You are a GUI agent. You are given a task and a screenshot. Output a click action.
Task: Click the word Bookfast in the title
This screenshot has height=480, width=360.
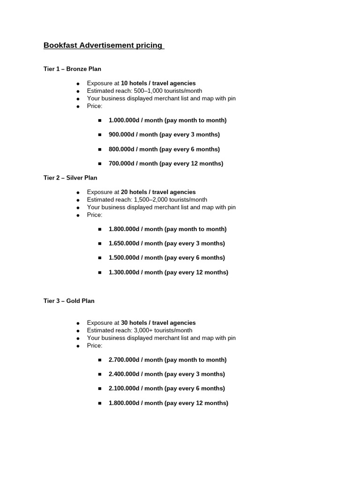point(60,45)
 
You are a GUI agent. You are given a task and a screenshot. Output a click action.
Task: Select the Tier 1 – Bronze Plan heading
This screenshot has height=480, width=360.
point(72,69)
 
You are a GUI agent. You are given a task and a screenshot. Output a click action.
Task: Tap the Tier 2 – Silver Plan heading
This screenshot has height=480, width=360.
point(70,178)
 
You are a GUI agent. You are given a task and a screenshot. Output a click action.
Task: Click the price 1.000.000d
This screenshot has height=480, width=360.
point(124,120)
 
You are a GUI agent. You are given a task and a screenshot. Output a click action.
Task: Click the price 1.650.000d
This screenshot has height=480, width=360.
point(124,243)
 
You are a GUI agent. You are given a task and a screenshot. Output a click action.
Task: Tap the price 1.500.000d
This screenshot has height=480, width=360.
point(124,258)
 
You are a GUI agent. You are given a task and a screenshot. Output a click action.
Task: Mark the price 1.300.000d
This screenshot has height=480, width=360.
point(124,272)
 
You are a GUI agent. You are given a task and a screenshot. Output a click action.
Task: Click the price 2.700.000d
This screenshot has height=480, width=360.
point(124,360)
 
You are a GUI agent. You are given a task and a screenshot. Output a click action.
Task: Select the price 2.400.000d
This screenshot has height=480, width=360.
point(124,374)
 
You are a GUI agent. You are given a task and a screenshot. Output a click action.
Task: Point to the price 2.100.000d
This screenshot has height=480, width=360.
point(124,388)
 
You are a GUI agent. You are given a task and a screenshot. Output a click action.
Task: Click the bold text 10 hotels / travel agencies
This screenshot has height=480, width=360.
point(158,83)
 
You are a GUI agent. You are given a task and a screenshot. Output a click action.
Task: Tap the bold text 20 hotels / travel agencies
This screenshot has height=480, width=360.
point(158,192)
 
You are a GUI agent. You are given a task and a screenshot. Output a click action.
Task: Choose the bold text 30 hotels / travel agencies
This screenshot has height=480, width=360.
point(158,323)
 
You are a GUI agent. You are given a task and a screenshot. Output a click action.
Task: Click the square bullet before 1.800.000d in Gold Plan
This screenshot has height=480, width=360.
point(100,403)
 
